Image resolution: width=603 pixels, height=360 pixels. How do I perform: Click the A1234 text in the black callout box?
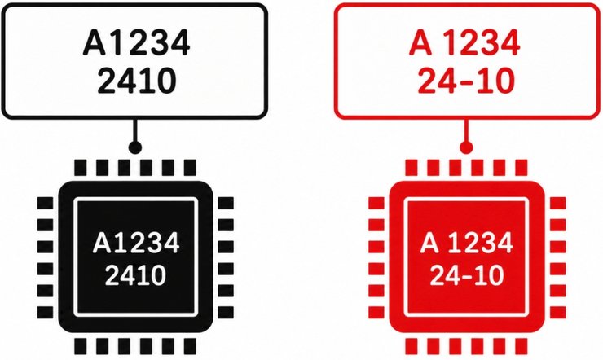coord(137,42)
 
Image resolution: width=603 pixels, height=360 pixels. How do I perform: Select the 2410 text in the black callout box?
coord(137,81)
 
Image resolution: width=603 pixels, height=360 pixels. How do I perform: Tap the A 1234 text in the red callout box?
coord(464,42)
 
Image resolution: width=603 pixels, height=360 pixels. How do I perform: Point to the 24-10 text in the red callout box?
coord(465,81)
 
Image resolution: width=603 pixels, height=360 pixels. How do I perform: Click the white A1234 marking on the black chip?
coord(136,243)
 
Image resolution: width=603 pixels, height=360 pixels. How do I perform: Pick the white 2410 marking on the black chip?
coord(135,275)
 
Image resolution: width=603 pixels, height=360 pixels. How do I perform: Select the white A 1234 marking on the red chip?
coord(466,243)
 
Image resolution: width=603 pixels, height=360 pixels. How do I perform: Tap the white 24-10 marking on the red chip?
coord(466,275)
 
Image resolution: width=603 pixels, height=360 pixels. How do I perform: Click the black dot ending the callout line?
coord(134,147)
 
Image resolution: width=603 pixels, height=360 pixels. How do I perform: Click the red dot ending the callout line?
coord(466,147)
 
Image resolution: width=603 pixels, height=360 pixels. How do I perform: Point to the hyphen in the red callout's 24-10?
coord(465,82)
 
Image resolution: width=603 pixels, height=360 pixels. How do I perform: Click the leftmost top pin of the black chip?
coord(80,168)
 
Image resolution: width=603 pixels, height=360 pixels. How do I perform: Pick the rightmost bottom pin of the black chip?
coord(190,346)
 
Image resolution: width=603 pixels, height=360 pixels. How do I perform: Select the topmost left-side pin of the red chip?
coord(376,204)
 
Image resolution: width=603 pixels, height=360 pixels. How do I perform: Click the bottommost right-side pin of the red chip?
coord(557,313)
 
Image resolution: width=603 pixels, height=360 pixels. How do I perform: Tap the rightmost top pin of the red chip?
coord(521,168)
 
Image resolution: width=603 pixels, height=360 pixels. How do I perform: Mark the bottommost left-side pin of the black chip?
coord(45,313)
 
